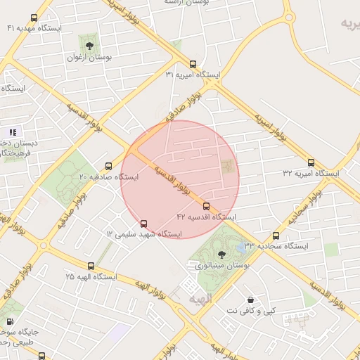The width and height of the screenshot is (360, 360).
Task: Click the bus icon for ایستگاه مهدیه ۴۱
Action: point(34,18)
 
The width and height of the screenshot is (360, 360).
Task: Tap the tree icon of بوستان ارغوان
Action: point(89,41)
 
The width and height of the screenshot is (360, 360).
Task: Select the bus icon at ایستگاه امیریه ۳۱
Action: point(193,64)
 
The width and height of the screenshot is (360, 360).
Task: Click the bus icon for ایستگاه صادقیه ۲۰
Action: point(108,167)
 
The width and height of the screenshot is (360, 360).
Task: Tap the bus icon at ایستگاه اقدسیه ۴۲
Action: point(206,206)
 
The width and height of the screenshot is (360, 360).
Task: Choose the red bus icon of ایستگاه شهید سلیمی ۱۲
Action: point(144,224)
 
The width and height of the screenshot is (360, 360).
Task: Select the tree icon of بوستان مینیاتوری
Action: point(222,254)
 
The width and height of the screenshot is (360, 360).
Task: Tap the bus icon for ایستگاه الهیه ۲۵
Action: point(91,266)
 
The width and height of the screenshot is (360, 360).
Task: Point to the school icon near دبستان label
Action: point(12,131)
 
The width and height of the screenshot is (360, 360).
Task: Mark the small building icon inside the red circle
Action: point(227,165)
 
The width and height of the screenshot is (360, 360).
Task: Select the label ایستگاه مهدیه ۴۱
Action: point(34,28)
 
